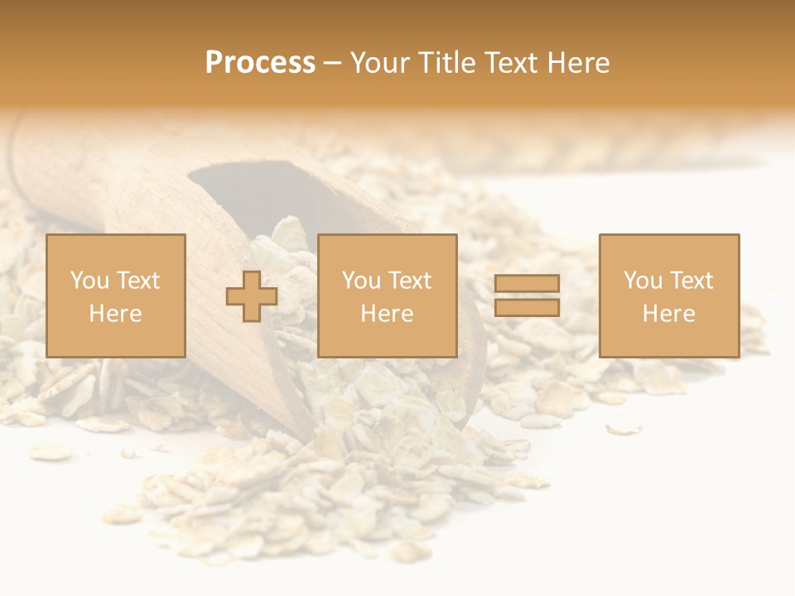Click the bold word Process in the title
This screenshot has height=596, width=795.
(x=260, y=63)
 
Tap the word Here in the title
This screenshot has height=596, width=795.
(x=577, y=63)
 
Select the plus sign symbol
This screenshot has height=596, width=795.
(x=252, y=296)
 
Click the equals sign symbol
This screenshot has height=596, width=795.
(x=527, y=296)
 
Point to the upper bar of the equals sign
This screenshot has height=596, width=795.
(x=527, y=284)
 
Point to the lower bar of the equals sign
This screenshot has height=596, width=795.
(x=527, y=307)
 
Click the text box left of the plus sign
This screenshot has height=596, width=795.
(x=116, y=296)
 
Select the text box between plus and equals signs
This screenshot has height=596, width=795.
(x=387, y=296)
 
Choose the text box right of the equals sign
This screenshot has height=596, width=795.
(x=668, y=296)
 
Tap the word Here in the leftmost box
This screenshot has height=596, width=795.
(x=116, y=313)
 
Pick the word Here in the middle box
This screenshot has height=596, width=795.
(x=387, y=313)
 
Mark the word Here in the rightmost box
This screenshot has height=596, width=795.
(x=668, y=313)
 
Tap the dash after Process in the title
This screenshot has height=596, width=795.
(x=332, y=64)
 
